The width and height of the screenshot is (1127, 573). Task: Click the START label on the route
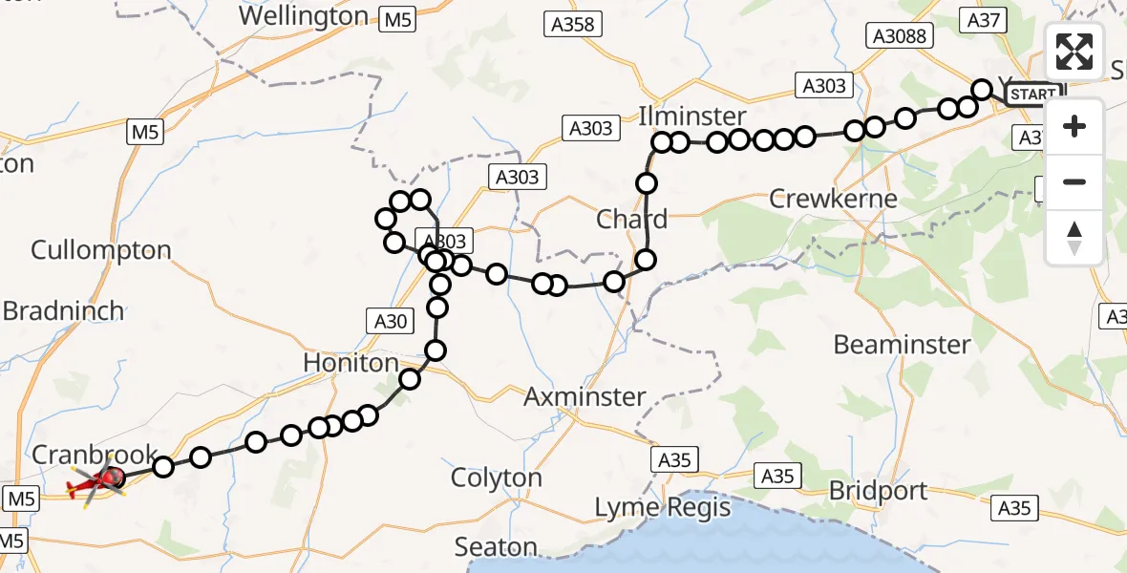pyautogui.click(x=1033, y=95)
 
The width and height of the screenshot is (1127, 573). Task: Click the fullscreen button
pyautogui.click(x=1074, y=52)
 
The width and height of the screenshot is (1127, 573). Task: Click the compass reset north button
pyautogui.click(x=1074, y=237)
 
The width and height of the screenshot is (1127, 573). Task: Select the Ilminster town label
pyautogui.click(x=692, y=117)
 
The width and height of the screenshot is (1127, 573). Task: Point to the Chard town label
pyautogui.click(x=631, y=219)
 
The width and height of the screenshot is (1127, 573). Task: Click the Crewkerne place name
pyautogui.click(x=834, y=199)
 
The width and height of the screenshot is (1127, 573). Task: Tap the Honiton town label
pyautogui.click(x=351, y=363)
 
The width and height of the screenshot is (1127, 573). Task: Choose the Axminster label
pyautogui.click(x=585, y=396)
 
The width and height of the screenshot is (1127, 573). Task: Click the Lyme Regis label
pyautogui.click(x=662, y=507)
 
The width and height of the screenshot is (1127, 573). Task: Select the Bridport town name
pyautogui.click(x=878, y=491)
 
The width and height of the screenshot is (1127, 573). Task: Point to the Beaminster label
pyautogui.click(x=902, y=344)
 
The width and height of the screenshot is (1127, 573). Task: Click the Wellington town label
pyautogui.click(x=304, y=16)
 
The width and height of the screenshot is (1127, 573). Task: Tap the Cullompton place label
pyautogui.click(x=101, y=250)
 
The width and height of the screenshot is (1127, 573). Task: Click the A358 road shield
pyautogui.click(x=575, y=25)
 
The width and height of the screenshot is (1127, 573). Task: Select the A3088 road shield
pyautogui.click(x=899, y=35)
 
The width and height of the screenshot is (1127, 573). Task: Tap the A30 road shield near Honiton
pyautogui.click(x=390, y=322)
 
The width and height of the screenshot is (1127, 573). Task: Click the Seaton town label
pyautogui.click(x=496, y=546)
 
